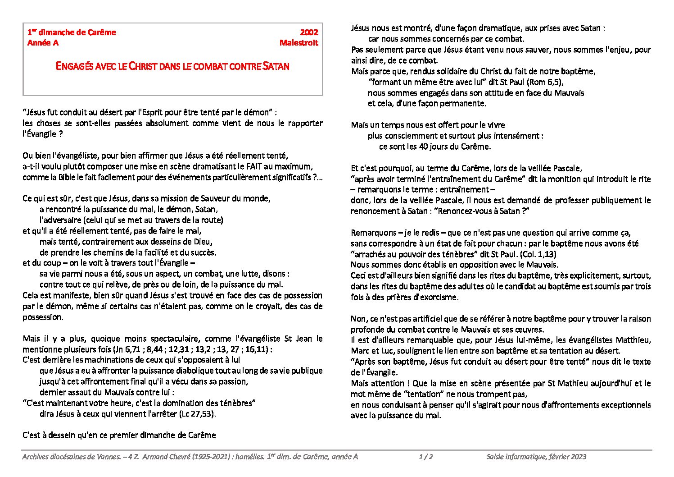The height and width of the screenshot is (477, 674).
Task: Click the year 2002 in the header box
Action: [309, 32]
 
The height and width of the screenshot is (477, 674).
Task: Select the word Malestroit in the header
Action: [299, 43]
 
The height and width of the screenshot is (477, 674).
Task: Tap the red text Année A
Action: [43, 43]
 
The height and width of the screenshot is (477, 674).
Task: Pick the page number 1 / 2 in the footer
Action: [426, 457]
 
